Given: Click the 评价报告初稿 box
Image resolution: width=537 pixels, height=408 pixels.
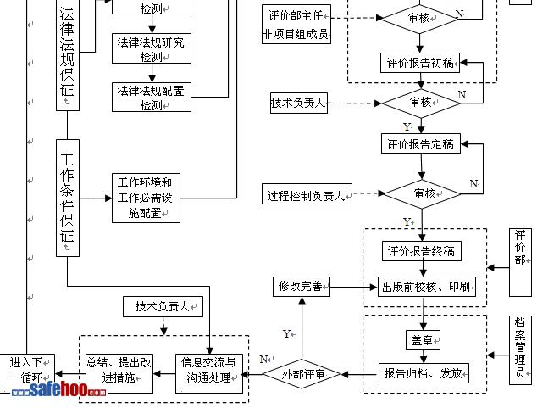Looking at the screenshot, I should pyautogui.click(x=421, y=63).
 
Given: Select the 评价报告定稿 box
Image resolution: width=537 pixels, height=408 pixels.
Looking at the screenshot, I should pyautogui.click(x=421, y=143).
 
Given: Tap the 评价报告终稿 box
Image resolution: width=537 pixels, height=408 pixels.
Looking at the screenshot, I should pyautogui.click(x=421, y=251).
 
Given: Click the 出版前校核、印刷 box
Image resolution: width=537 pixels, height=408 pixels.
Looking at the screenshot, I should pyautogui.click(x=426, y=286).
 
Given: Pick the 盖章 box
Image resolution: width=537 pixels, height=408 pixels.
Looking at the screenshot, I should pyautogui.click(x=422, y=340).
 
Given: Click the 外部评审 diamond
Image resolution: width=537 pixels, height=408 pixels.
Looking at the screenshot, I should pyautogui.click(x=302, y=373).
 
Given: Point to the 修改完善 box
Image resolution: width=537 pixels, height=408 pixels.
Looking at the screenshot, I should pyautogui.click(x=301, y=287).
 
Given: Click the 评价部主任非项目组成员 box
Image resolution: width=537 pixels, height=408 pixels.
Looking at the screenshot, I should pyautogui.click(x=296, y=25).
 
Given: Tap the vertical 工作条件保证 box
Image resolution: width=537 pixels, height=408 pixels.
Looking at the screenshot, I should pyautogui.click(x=68, y=197).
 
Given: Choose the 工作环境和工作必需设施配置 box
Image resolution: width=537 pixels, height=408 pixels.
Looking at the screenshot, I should pyautogui.click(x=146, y=198).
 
